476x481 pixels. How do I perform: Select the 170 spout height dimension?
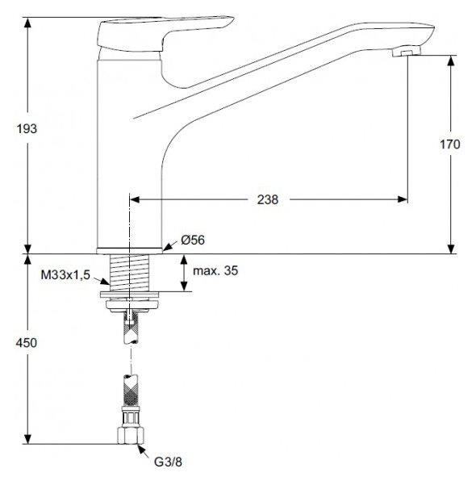click(449, 144)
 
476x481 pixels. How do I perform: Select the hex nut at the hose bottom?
click(129, 436)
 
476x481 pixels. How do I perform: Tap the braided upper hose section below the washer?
click(129, 323)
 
